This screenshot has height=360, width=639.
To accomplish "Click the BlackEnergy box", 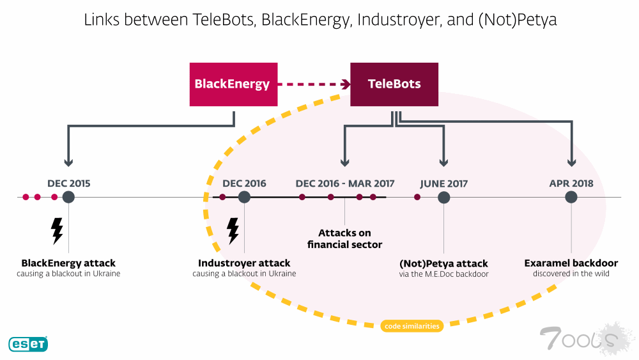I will (x=233, y=84).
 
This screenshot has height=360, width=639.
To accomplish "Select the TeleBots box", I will (x=394, y=84).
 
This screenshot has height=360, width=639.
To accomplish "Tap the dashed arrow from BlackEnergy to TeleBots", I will (x=314, y=84).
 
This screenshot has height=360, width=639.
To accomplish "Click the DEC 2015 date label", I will (x=69, y=184).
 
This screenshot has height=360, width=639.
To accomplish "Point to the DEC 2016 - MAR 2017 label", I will (x=345, y=184).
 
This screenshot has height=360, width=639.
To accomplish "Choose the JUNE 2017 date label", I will (x=444, y=184).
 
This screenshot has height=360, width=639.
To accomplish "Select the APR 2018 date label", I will (x=571, y=184).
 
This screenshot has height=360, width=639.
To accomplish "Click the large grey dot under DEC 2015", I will (x=68, y=197).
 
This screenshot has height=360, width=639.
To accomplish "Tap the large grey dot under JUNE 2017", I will (x=444, y=197).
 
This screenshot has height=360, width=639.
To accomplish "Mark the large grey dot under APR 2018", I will (x=571, y=197).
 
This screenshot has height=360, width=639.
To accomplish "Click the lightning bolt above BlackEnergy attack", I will (x=57, y=231).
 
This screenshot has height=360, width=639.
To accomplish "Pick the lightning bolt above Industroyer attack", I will (x=233, y=231).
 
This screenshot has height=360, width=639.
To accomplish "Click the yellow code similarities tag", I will (x=412, y=326).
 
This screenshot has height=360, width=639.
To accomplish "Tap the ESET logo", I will (x=27, y=344).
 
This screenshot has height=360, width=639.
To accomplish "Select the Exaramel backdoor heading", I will (x=571, y=263).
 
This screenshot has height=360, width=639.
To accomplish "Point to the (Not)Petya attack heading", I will (x=443, y=263).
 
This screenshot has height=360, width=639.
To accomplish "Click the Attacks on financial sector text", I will (x=345, y=239).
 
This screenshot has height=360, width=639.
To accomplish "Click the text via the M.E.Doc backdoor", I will (x=443, y=274).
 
